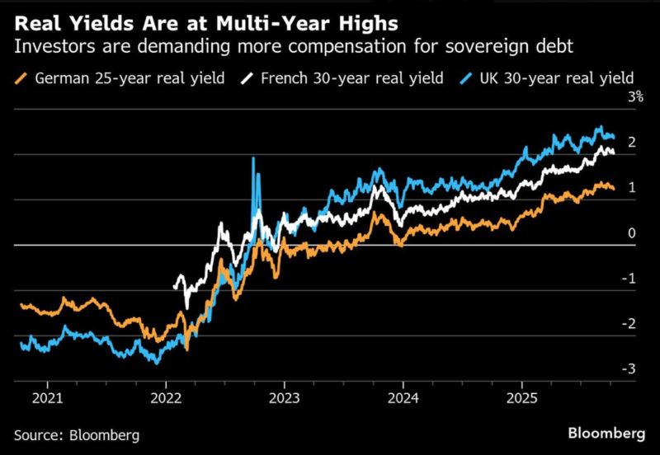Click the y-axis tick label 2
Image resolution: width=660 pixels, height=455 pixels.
(x=631, y=143)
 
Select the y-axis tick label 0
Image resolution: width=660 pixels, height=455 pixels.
(x=631, y=233)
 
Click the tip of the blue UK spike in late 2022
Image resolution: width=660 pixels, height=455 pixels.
(x=253, y=158)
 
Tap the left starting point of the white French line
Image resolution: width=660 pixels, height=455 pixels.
(x=175, y=287)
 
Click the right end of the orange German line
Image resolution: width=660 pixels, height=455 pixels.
(x=612, y=189)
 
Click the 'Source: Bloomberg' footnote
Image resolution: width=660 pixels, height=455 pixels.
(x=76, y=434)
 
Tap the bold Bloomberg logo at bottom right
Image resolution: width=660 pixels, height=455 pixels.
(x=606, y=434)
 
